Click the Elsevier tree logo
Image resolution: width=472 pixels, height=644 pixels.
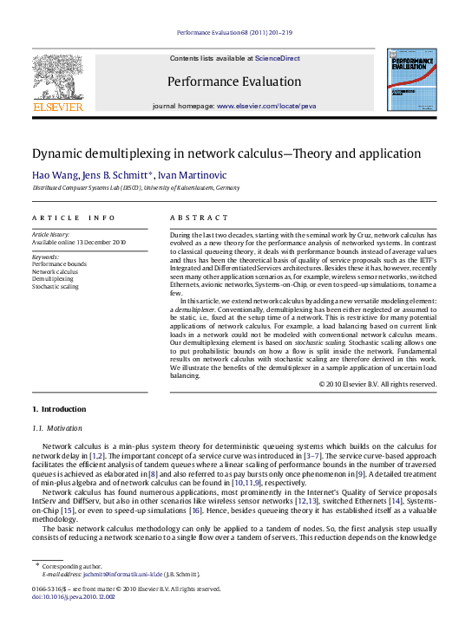point(57,80)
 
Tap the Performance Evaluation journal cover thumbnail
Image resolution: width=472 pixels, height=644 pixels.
point(411,79)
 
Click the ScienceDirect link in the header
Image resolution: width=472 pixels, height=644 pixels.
point(277,58)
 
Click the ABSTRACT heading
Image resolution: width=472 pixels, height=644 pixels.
point(199,218)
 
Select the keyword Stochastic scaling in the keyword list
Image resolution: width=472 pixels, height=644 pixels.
point(55,285)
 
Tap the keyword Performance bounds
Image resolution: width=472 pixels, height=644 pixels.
point(59,263)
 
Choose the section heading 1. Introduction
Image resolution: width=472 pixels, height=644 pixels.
point(59,408)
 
